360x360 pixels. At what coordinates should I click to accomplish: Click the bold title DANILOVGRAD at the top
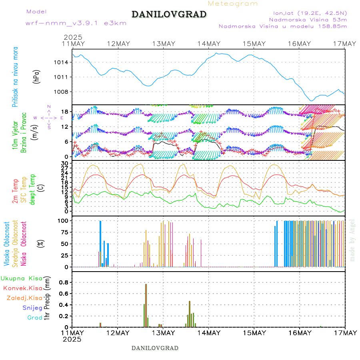pos(169,14)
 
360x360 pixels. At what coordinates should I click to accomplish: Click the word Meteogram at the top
pos(233,4)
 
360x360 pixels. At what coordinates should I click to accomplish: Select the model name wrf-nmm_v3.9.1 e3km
pos(76,23)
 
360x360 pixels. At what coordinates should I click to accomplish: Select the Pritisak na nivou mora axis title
pos(15,77)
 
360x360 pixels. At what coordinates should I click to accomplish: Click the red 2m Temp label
pos(15,191)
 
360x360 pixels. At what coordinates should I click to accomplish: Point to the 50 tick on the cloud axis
pos(64,244)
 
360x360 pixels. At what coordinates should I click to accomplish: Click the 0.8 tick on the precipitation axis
pos(64,282)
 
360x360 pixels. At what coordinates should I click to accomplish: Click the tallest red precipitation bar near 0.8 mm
pos(146,304)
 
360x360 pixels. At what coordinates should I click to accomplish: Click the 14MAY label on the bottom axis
pos(208,333)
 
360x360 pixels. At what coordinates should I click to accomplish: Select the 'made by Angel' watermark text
pos(352,240)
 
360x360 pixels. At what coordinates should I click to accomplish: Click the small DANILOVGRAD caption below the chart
pos(155,348)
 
